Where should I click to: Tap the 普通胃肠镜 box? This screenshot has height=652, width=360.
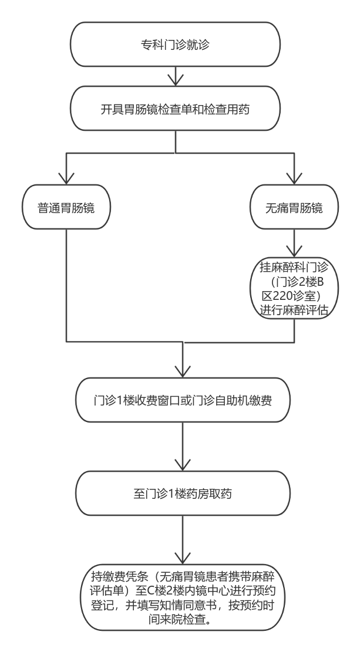[66, 207]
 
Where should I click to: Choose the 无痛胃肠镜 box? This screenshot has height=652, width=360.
[293, 207]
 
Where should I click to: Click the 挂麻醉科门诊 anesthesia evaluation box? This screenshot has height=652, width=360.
[293, 289]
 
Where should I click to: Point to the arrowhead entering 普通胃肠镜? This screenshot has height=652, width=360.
[66, 178]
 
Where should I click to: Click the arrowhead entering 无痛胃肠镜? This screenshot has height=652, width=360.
[293, 178]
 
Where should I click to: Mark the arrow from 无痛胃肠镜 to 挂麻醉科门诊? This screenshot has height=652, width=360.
[293, 242]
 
